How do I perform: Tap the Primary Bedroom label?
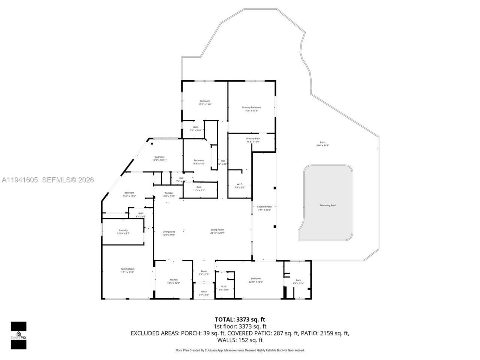coord(251,108)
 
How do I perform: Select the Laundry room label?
coord(123,230)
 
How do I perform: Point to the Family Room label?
coord(127,269)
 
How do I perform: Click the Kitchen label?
coord(174,280)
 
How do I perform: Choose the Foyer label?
coord(204,271)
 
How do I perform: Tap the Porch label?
coord(204,292)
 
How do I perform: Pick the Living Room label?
coord(217,230)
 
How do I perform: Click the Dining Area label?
coord(169,232)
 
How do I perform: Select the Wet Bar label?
coord(168,193)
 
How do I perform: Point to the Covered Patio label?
coord(264,207)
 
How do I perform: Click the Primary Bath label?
coord(253,139)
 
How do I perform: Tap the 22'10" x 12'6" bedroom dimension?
coord(255,282)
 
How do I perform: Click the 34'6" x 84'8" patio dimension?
coord(322,145)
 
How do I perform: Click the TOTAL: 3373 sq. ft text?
coord(240,319)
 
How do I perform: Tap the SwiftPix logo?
coord(18,335)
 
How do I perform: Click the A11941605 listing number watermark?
coord(19,180)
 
